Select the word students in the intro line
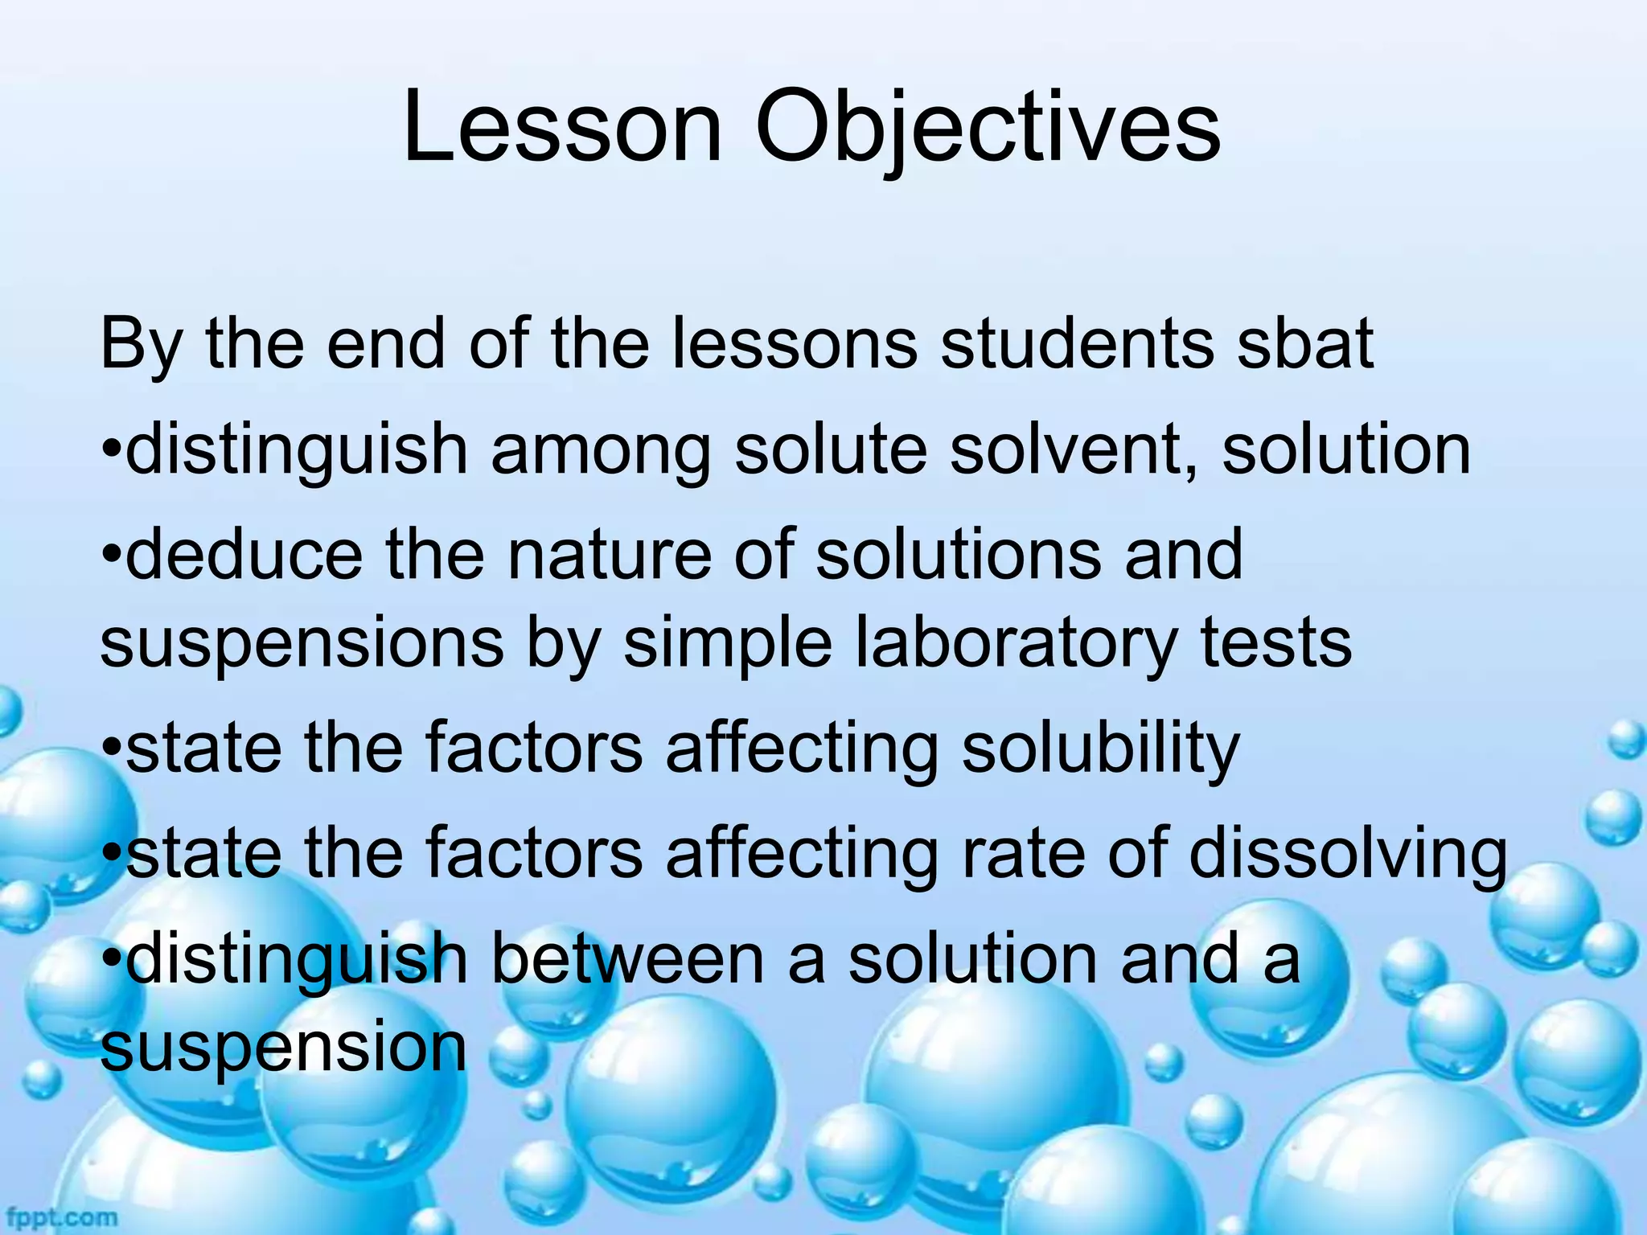tap(1076, 344)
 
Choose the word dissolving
tap(1348, 854)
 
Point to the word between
tap(627, 960)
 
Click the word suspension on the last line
tap(283, 1048)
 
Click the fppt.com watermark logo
tap(60, 1217)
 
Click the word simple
tap(728, 643)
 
